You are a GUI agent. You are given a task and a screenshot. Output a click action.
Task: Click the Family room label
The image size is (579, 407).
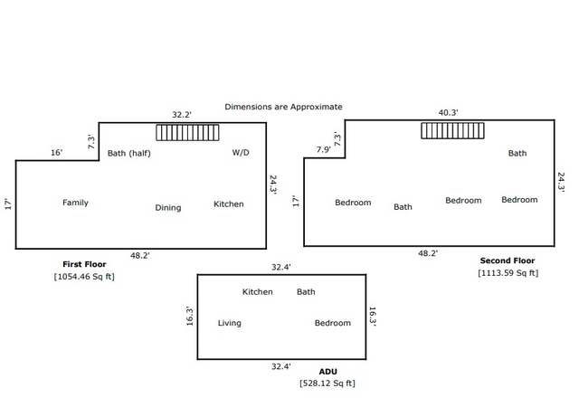tap(75, 203)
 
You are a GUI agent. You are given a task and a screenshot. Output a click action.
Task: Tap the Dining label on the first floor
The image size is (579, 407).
tap(168, 208)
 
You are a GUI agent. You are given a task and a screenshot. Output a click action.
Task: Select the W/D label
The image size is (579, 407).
tap(241, 153)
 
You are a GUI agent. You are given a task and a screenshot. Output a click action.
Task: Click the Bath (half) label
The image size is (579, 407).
tap(128, 153)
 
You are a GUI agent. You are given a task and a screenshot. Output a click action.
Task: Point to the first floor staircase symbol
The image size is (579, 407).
tap(187, 132)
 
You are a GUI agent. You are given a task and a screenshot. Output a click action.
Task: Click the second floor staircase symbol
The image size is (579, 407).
tap(452, 131)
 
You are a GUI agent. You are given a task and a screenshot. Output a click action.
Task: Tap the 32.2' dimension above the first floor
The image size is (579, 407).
tap(182, 115)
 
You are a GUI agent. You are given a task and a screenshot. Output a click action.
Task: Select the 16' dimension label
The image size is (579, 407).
tap(56, 153)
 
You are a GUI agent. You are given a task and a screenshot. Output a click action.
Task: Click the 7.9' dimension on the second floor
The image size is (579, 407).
tap(324, 149)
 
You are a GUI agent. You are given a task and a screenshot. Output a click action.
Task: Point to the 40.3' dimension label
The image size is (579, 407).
tap(449, 113)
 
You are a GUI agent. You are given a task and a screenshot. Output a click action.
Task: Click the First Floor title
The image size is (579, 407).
tap(84, 264)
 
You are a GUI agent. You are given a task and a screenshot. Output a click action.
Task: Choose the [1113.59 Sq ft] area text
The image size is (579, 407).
tap(508, 273)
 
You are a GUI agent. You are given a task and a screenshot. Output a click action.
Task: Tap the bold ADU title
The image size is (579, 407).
tap(327, 372)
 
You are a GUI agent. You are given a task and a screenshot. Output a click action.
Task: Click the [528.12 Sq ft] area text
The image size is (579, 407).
tap(327, 383)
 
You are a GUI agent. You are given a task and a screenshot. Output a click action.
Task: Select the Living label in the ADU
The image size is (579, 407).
tap(229, 323)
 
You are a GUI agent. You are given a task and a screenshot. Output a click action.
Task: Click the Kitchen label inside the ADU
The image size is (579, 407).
tap(257, 292)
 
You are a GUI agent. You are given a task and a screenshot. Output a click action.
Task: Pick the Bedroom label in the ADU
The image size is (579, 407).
tap(333, 323)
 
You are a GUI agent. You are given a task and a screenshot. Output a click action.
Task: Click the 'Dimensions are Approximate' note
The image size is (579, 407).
tap(283, 107)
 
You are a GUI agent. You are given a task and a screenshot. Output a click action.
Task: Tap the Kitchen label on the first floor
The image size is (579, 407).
tap(229, 204)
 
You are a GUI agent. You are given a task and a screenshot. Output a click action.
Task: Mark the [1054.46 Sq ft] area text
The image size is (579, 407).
tap(84, 277)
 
